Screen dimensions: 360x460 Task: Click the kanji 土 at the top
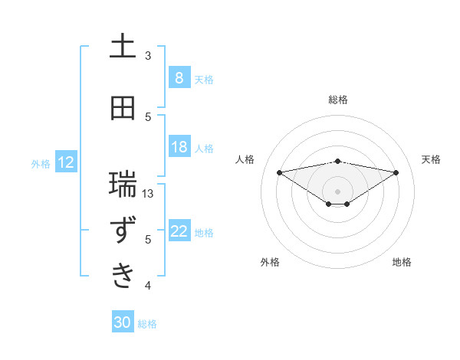point(123,47)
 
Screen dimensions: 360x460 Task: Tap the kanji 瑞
point(123,185)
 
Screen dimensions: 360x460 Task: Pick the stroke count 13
point(149,193)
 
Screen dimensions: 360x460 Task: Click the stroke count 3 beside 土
point(148,55)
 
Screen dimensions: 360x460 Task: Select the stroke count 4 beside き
point(148,286)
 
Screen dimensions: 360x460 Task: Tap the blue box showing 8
point(179,78)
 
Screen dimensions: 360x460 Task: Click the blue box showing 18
point(179,147)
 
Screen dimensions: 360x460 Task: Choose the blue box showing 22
point(179,231)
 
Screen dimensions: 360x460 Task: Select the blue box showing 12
point(65,162)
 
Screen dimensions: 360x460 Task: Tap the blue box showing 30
point(122,322)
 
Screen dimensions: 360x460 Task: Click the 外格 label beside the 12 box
point(40,163)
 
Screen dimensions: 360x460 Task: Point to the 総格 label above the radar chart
point(337,100)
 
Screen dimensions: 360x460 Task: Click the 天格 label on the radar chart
point(432,159)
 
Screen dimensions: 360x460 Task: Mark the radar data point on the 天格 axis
point(396,172)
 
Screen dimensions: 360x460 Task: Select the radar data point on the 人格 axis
point(279,172)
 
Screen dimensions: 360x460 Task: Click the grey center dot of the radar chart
point(337,191)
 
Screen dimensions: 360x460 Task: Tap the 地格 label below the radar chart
point(402,262)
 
